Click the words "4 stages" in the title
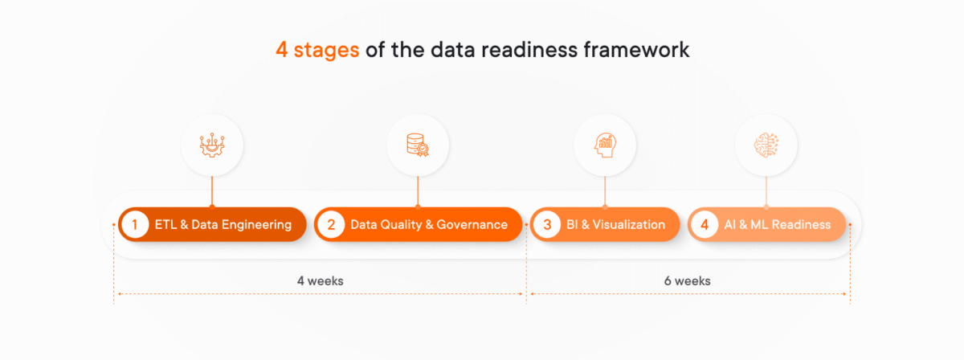tap(317, 51)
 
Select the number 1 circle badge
tap(135, 225)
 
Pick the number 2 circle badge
tap(329, 225)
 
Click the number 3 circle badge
tap(546, 225)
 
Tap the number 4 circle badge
tap(704, 225)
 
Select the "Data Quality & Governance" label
tap(429, 225)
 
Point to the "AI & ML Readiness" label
tap(777, 225)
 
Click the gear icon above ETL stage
tap(212, 145)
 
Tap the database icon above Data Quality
tap(417, 145)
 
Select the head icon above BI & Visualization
tap(605, 145)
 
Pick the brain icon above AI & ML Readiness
tap(766, 145)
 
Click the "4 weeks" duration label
tap(320, 281)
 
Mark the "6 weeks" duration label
tap(687, 281)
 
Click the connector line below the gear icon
tap(212, 191)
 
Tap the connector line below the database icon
tap(417, 191)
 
